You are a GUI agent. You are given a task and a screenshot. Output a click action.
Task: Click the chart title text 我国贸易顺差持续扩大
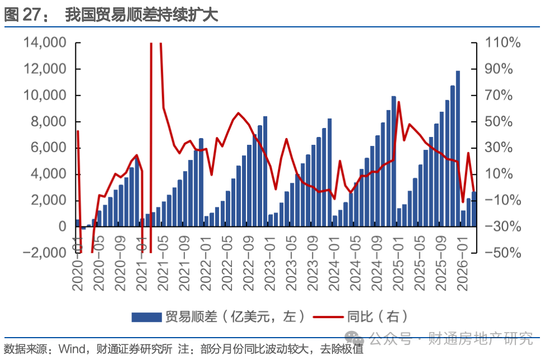click(141, 15)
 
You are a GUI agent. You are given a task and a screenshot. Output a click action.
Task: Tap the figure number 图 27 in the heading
click(28, 15)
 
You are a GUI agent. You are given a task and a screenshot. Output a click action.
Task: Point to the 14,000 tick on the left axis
click(44, 43)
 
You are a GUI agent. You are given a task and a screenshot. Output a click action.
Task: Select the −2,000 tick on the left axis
click(42, 253)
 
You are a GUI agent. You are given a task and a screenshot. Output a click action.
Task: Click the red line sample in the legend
click(329, 317)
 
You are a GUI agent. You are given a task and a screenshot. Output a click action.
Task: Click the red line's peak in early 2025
click(399, 102)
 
